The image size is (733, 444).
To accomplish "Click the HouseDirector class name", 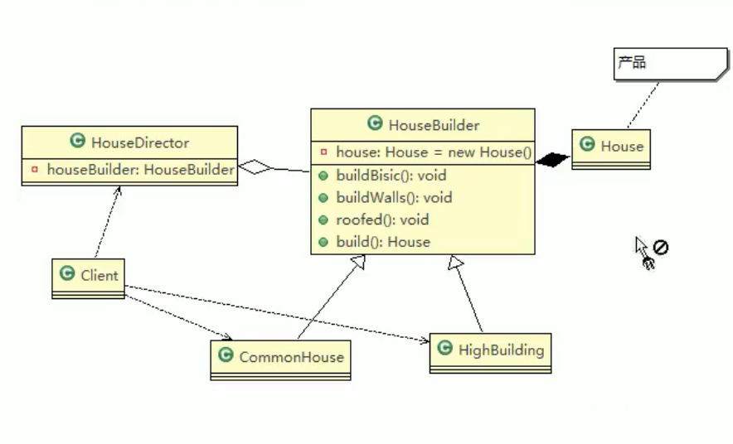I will coord(140,142).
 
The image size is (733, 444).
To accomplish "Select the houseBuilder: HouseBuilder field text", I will coord(140,169).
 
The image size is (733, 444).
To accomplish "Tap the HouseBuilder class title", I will coord(434,125).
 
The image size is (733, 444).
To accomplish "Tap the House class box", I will coord(611,148).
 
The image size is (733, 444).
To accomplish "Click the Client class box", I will coord(88,277).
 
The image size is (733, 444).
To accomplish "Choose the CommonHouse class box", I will coord(280,359).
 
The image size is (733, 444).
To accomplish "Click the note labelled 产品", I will coord(663,64).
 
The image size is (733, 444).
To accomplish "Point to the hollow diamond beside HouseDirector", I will coord(255,168).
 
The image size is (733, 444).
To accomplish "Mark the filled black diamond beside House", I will coord(552,159).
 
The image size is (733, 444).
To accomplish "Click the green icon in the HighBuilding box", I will coord(445,349).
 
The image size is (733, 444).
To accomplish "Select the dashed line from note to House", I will coord(643,104).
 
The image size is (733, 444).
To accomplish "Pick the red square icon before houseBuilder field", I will coord(35,169).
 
